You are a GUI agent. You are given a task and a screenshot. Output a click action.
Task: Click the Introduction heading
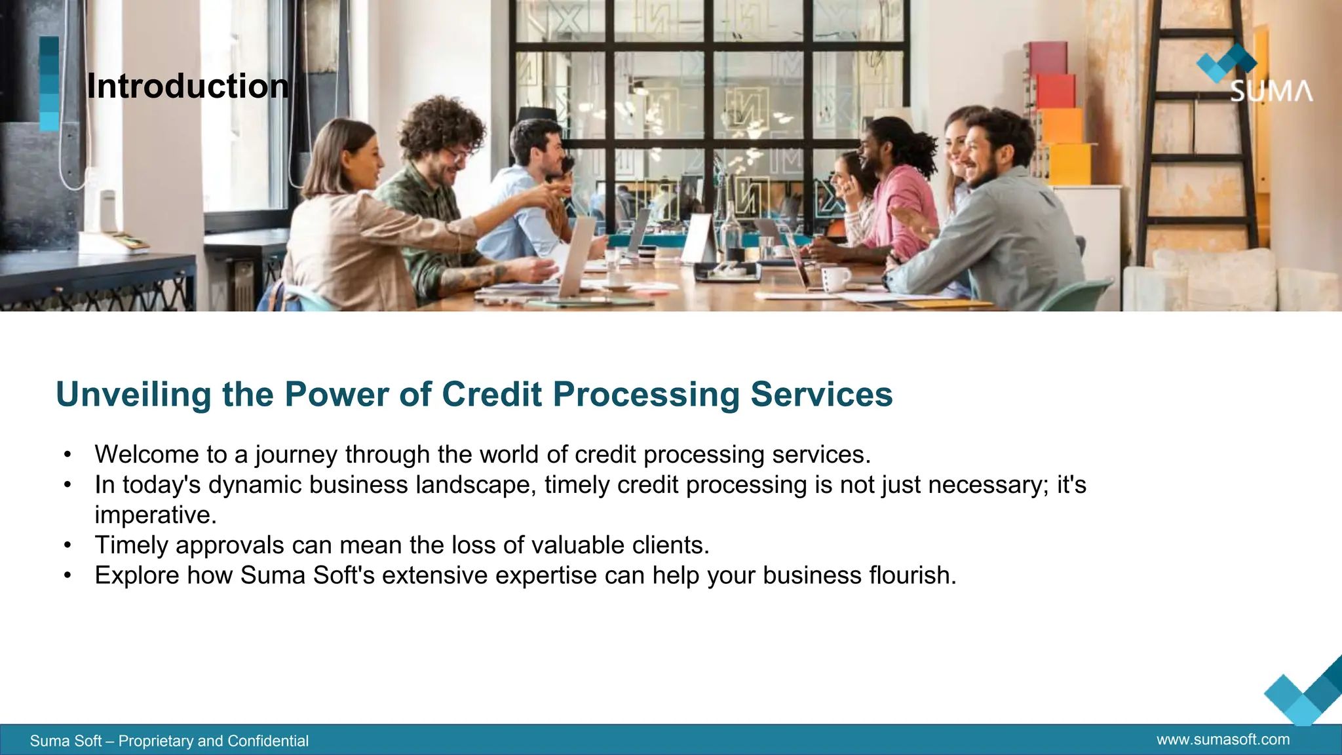tap(187, 87)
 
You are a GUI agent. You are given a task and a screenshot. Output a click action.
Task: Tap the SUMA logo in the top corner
tap(1253, 75)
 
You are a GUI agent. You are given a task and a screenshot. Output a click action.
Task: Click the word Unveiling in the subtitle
tap(133, 395)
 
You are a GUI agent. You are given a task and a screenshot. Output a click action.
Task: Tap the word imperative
tap(155, 515)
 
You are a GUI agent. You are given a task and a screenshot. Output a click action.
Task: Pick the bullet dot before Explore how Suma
tap(67, 575)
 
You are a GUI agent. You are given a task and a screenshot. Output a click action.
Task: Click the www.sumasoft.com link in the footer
tap(1223, 740)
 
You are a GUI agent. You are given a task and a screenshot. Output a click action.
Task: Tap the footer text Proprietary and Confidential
tap(213, 741)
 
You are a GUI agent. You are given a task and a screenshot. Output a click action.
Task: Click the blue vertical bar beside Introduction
tap(49, 84)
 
